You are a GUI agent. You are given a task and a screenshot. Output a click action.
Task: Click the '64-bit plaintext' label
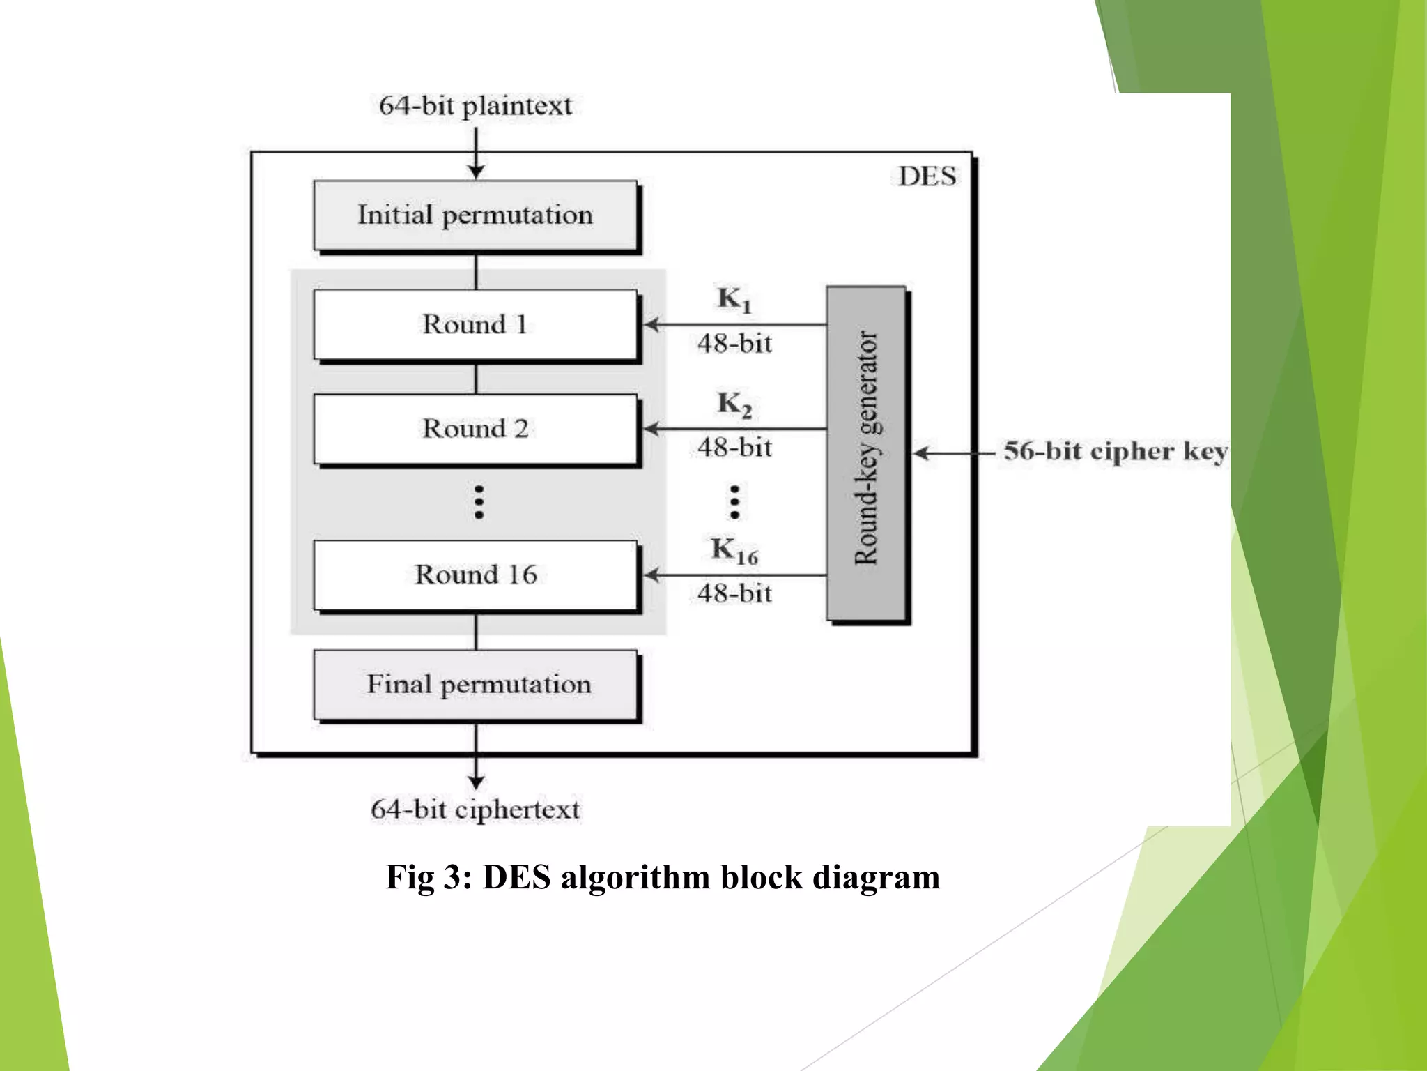point(475,106)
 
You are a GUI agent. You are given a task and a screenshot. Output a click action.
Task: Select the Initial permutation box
point(475,215)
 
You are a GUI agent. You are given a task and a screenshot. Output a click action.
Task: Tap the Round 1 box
point(475,324)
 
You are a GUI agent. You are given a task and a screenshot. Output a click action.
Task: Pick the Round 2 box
point(475,428)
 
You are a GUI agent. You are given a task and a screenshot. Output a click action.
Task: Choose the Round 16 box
point(475,575)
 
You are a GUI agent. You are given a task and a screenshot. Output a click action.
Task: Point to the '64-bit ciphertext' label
point(475,810)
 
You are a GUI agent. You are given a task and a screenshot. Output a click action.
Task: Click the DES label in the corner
point(927,176)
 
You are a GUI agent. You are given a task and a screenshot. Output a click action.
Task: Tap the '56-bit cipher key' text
point(1115,451)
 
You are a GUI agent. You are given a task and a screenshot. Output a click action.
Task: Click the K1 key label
point(734,300)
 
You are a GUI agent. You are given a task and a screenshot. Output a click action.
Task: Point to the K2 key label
point(734,404)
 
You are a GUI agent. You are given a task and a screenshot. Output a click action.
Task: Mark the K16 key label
point(734,551)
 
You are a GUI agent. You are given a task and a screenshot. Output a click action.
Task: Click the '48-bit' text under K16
point(734,593)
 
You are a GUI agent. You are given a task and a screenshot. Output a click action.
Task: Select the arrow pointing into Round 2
point(732,429)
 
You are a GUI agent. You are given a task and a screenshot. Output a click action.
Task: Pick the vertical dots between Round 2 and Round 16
point(479,502)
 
